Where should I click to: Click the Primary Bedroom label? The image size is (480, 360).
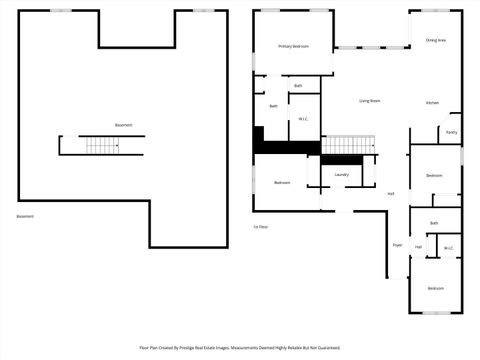tap(293, 46)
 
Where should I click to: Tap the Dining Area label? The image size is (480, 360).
tap(436, 40)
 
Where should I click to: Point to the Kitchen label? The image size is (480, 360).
tap(432, 103)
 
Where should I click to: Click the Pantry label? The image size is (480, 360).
tap(452, 132)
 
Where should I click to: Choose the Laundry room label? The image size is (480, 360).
tap(341, 175)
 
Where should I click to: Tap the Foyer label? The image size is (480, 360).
tap(397, 244)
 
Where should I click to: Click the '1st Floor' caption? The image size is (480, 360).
tap(261, 227)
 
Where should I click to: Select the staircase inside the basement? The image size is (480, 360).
tap(102, 146)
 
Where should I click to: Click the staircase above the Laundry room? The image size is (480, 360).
tap(347, 146)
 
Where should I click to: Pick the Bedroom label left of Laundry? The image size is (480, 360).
tap(282, 182)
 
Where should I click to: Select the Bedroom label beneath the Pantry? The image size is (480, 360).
tap(434, 175)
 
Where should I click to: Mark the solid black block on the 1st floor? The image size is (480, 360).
tap(284, 146)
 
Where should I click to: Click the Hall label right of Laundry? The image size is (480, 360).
tap(390, 193)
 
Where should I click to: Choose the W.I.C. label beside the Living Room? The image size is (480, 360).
tap(303, 120)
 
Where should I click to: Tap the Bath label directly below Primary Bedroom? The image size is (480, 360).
tap(298, 86)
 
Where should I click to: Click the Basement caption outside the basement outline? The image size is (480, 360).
tap(25, 216)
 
